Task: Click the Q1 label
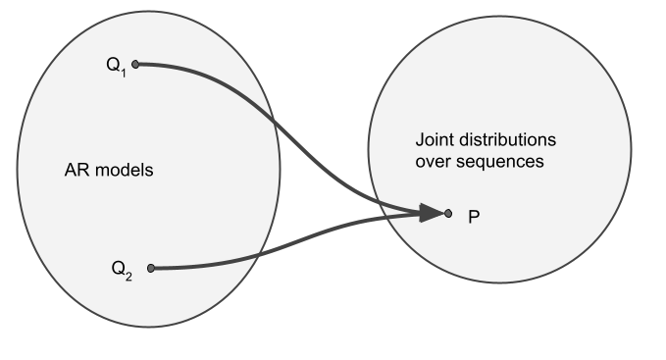[x=116, y=66]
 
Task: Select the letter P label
[x=474, y=215]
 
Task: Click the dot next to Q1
[x=135, y=65]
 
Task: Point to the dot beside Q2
[x=150, y=267]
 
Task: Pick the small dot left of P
[x=448, y=212]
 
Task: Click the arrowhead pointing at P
[x=431, y=212]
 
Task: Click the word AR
[x=75, y=170]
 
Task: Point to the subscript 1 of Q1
[x=124, y=71]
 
